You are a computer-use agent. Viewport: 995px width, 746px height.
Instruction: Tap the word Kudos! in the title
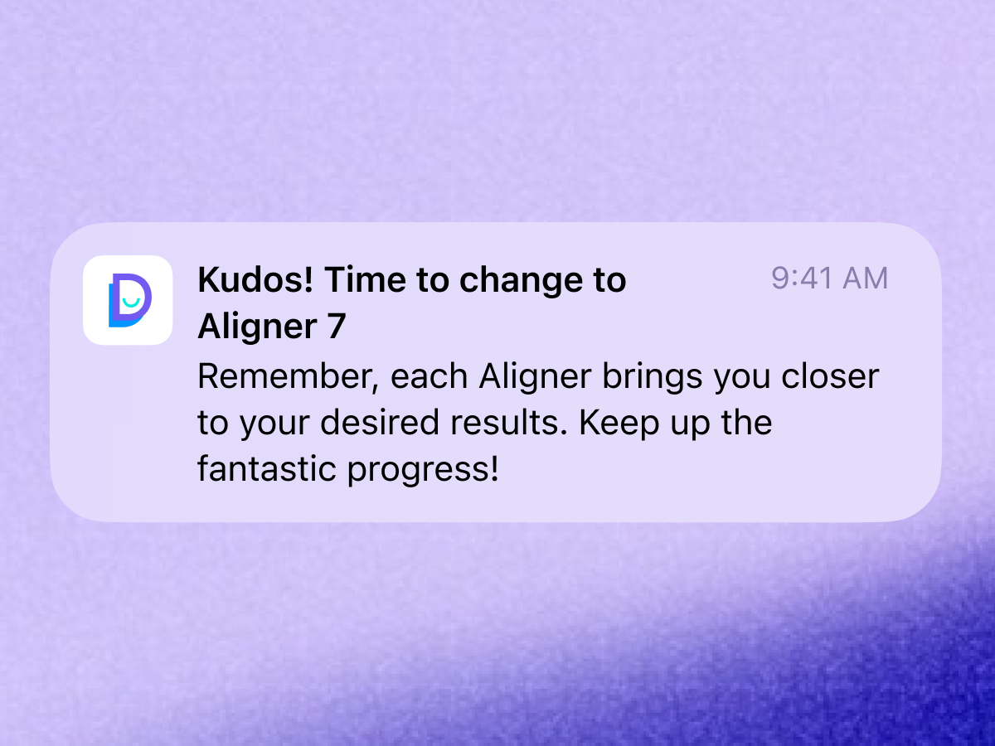coord(255,279)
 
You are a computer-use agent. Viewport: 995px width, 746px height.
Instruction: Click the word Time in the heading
coord(366,279)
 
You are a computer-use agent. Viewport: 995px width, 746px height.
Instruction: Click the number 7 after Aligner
coord(337,326)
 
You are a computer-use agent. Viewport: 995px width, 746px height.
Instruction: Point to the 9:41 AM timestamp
coord(829,279)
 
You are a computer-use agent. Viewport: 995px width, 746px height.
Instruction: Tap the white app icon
coord(128,300)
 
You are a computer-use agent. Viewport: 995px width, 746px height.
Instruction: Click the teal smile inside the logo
coord(131,303)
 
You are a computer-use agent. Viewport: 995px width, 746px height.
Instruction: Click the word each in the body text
coord(429,376)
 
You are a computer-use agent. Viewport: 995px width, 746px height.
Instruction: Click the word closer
coord(830,376)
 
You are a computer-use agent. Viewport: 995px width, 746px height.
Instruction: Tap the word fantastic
coord(266,468)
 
